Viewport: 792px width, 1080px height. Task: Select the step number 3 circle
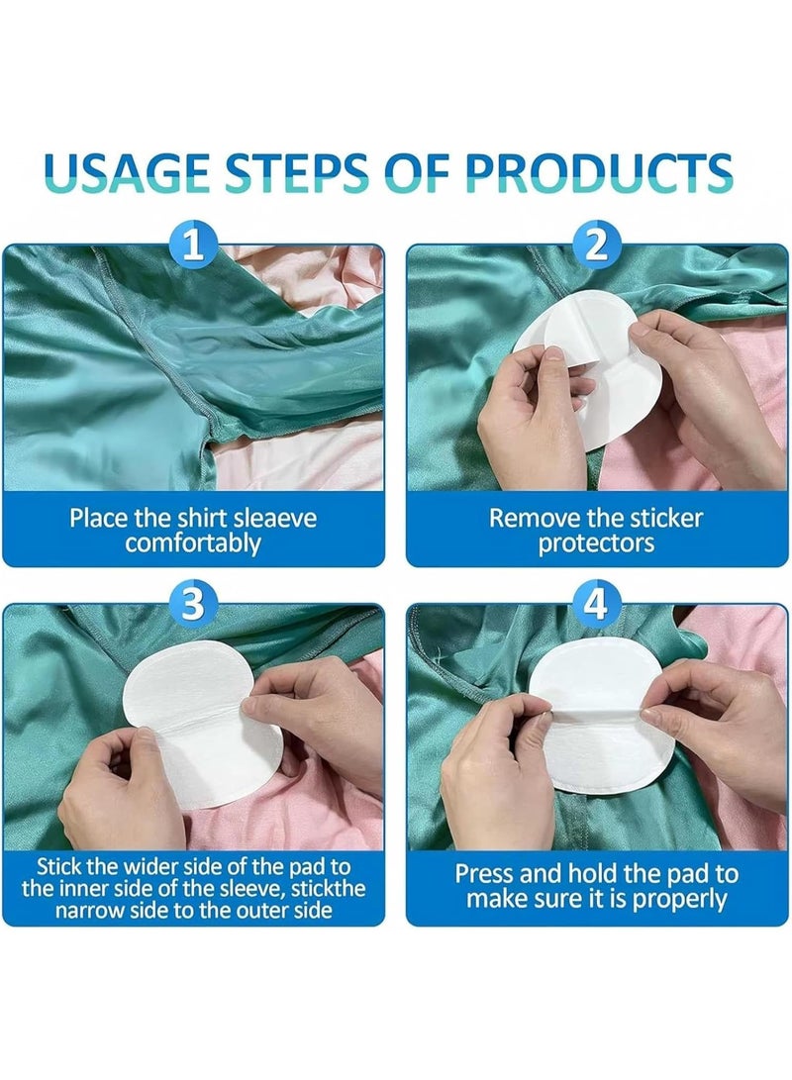195,603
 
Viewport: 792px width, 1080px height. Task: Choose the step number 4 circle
596,603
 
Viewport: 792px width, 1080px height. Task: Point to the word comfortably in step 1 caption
193,542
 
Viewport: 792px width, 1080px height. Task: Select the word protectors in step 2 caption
596,543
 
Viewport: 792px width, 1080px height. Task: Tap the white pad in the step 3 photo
198,733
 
